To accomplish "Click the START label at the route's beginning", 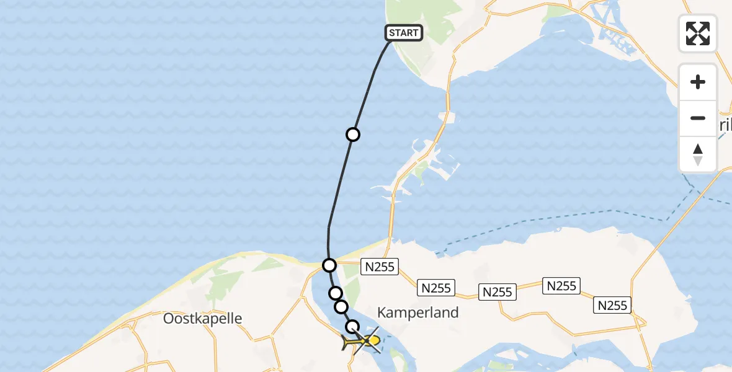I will pos(404,33).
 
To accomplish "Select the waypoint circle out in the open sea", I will pos(352,135).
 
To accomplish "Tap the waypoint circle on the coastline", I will pos(329,265).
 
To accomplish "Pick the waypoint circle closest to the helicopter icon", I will pos(352,327).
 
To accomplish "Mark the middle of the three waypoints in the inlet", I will pos(341,307).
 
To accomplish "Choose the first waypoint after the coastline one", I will pos(336,293).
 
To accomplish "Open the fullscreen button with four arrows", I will pos(698,33).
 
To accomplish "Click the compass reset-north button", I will pos(698,154).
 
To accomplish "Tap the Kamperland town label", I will pos(418,312).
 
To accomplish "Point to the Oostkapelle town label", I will pos(202,319).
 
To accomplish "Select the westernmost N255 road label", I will pos(380,267).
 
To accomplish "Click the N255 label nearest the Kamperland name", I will pos(437,288).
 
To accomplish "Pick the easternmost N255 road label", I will pos(614,305).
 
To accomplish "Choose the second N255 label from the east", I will pos(561,286).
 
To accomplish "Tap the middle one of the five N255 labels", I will pos(498,291).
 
